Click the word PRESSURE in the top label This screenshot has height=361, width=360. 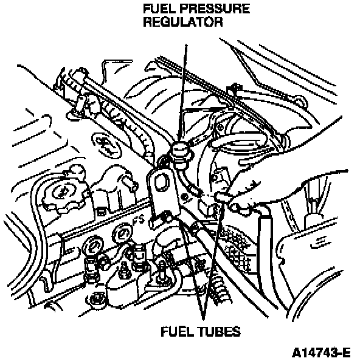pyautogui.click(x=215, y=9)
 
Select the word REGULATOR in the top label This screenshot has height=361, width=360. pyautogui.click(x=183, y=22)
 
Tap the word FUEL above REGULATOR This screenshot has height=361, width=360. pyautogui.click(x=159, y=9)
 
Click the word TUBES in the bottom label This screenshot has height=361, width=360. pyautogui.click(x=219, y=332)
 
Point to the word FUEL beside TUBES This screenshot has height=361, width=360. pyautogui.click(x=178, y=332)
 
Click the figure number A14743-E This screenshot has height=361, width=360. pyautogui.click(x=321, y=352)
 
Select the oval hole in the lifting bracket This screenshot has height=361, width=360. pyautogui.click(x=161, y=182)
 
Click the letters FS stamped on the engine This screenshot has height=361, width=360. pyautogui.click(x=139, y=219)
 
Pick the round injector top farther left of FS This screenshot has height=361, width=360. pyautogui.click(x=93, y=246)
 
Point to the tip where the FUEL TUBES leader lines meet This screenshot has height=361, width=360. pyautogui.click(x=203, y=319)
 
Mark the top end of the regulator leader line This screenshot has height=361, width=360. pyautogui.click(x=186, y=45)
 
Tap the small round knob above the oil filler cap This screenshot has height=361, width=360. pyautogui.click(x=76, y=170)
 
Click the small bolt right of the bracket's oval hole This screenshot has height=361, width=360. pyautogui.click(x=184, y=197)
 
